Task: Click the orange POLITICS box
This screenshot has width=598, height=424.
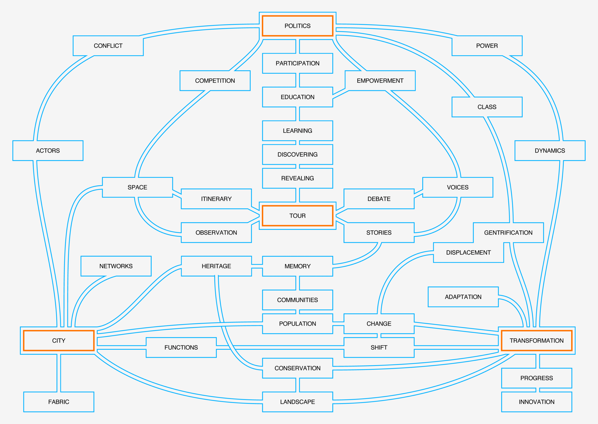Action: click(x=297, y=26)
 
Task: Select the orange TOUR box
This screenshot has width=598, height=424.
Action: click(x=297, y=216)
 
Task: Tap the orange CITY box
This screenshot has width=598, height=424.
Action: click(x=59, y=340)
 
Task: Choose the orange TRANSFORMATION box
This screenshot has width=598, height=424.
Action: click(x=537, y=340)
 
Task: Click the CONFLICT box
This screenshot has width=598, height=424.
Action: click(x=108, y=46)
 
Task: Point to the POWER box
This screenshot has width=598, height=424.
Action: click(x=487, y=46)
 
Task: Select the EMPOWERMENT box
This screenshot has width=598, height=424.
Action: click(x=380, y=81)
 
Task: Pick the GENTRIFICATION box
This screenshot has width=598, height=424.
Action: click(x=508, y=233)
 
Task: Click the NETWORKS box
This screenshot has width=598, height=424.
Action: click(x=116, y=266)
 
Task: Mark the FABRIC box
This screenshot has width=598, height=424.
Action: click(x=59, y=402)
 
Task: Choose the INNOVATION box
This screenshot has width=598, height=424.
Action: click(x=537, y=402)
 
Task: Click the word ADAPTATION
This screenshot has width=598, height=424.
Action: click(x=463, y=297)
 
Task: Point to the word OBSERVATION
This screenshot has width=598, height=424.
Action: click(x=216, y=233)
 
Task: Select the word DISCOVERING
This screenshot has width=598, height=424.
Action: click(x=297, y=155)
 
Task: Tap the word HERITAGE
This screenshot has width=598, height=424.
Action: click(x=216, y=266)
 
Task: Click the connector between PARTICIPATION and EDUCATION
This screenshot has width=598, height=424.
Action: click(x=297, y=80)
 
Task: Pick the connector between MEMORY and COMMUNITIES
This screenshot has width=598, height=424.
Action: click(x=297, y=283)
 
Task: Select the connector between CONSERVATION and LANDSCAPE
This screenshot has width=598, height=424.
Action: click(x=297, y=385)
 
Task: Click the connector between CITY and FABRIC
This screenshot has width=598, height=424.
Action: click(x=59, y=373)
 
